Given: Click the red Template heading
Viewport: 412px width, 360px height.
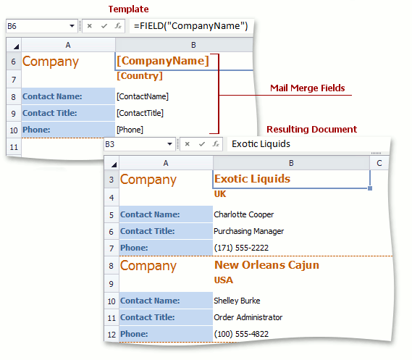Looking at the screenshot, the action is point(128,9).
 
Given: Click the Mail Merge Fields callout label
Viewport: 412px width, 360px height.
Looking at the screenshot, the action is point(308,88).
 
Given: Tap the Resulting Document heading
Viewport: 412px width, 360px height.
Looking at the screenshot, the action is point(311,129).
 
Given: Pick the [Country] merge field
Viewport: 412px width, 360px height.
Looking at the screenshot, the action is point(140,76).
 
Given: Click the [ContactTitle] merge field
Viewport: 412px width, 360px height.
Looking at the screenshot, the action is point(140,113).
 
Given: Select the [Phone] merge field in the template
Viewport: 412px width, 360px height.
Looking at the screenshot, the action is point(130,130).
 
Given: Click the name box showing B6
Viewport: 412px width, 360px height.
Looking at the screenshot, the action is point(42,26).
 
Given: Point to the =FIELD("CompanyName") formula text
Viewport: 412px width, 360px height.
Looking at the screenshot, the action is point(190,26).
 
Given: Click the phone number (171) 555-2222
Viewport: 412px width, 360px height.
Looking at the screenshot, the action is point(241,248).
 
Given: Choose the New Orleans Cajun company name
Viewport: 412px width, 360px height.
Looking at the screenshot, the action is point(266,265).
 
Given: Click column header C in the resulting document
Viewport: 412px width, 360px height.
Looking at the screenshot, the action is point(379,163).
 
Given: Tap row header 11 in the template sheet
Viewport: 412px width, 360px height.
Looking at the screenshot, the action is point(14,147).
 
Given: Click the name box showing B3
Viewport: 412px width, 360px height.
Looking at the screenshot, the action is point(140,144).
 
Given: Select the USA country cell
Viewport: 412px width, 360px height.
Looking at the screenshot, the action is point(223,280).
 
